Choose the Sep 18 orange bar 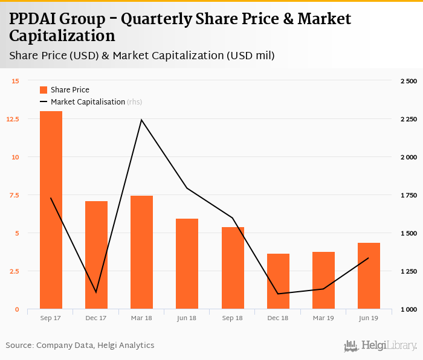coord(233,268)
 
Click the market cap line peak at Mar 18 coord(141,120)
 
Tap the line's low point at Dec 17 coord(96,292)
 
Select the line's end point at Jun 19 coord(369,259)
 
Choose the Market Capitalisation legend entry coord(91,102)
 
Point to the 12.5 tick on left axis coord(14,119)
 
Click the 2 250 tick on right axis coord(408,119)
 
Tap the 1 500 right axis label coord(408,233)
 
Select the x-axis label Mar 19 coord(323,318)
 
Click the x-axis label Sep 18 coord(233,318)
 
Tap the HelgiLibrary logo coord(381,346)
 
